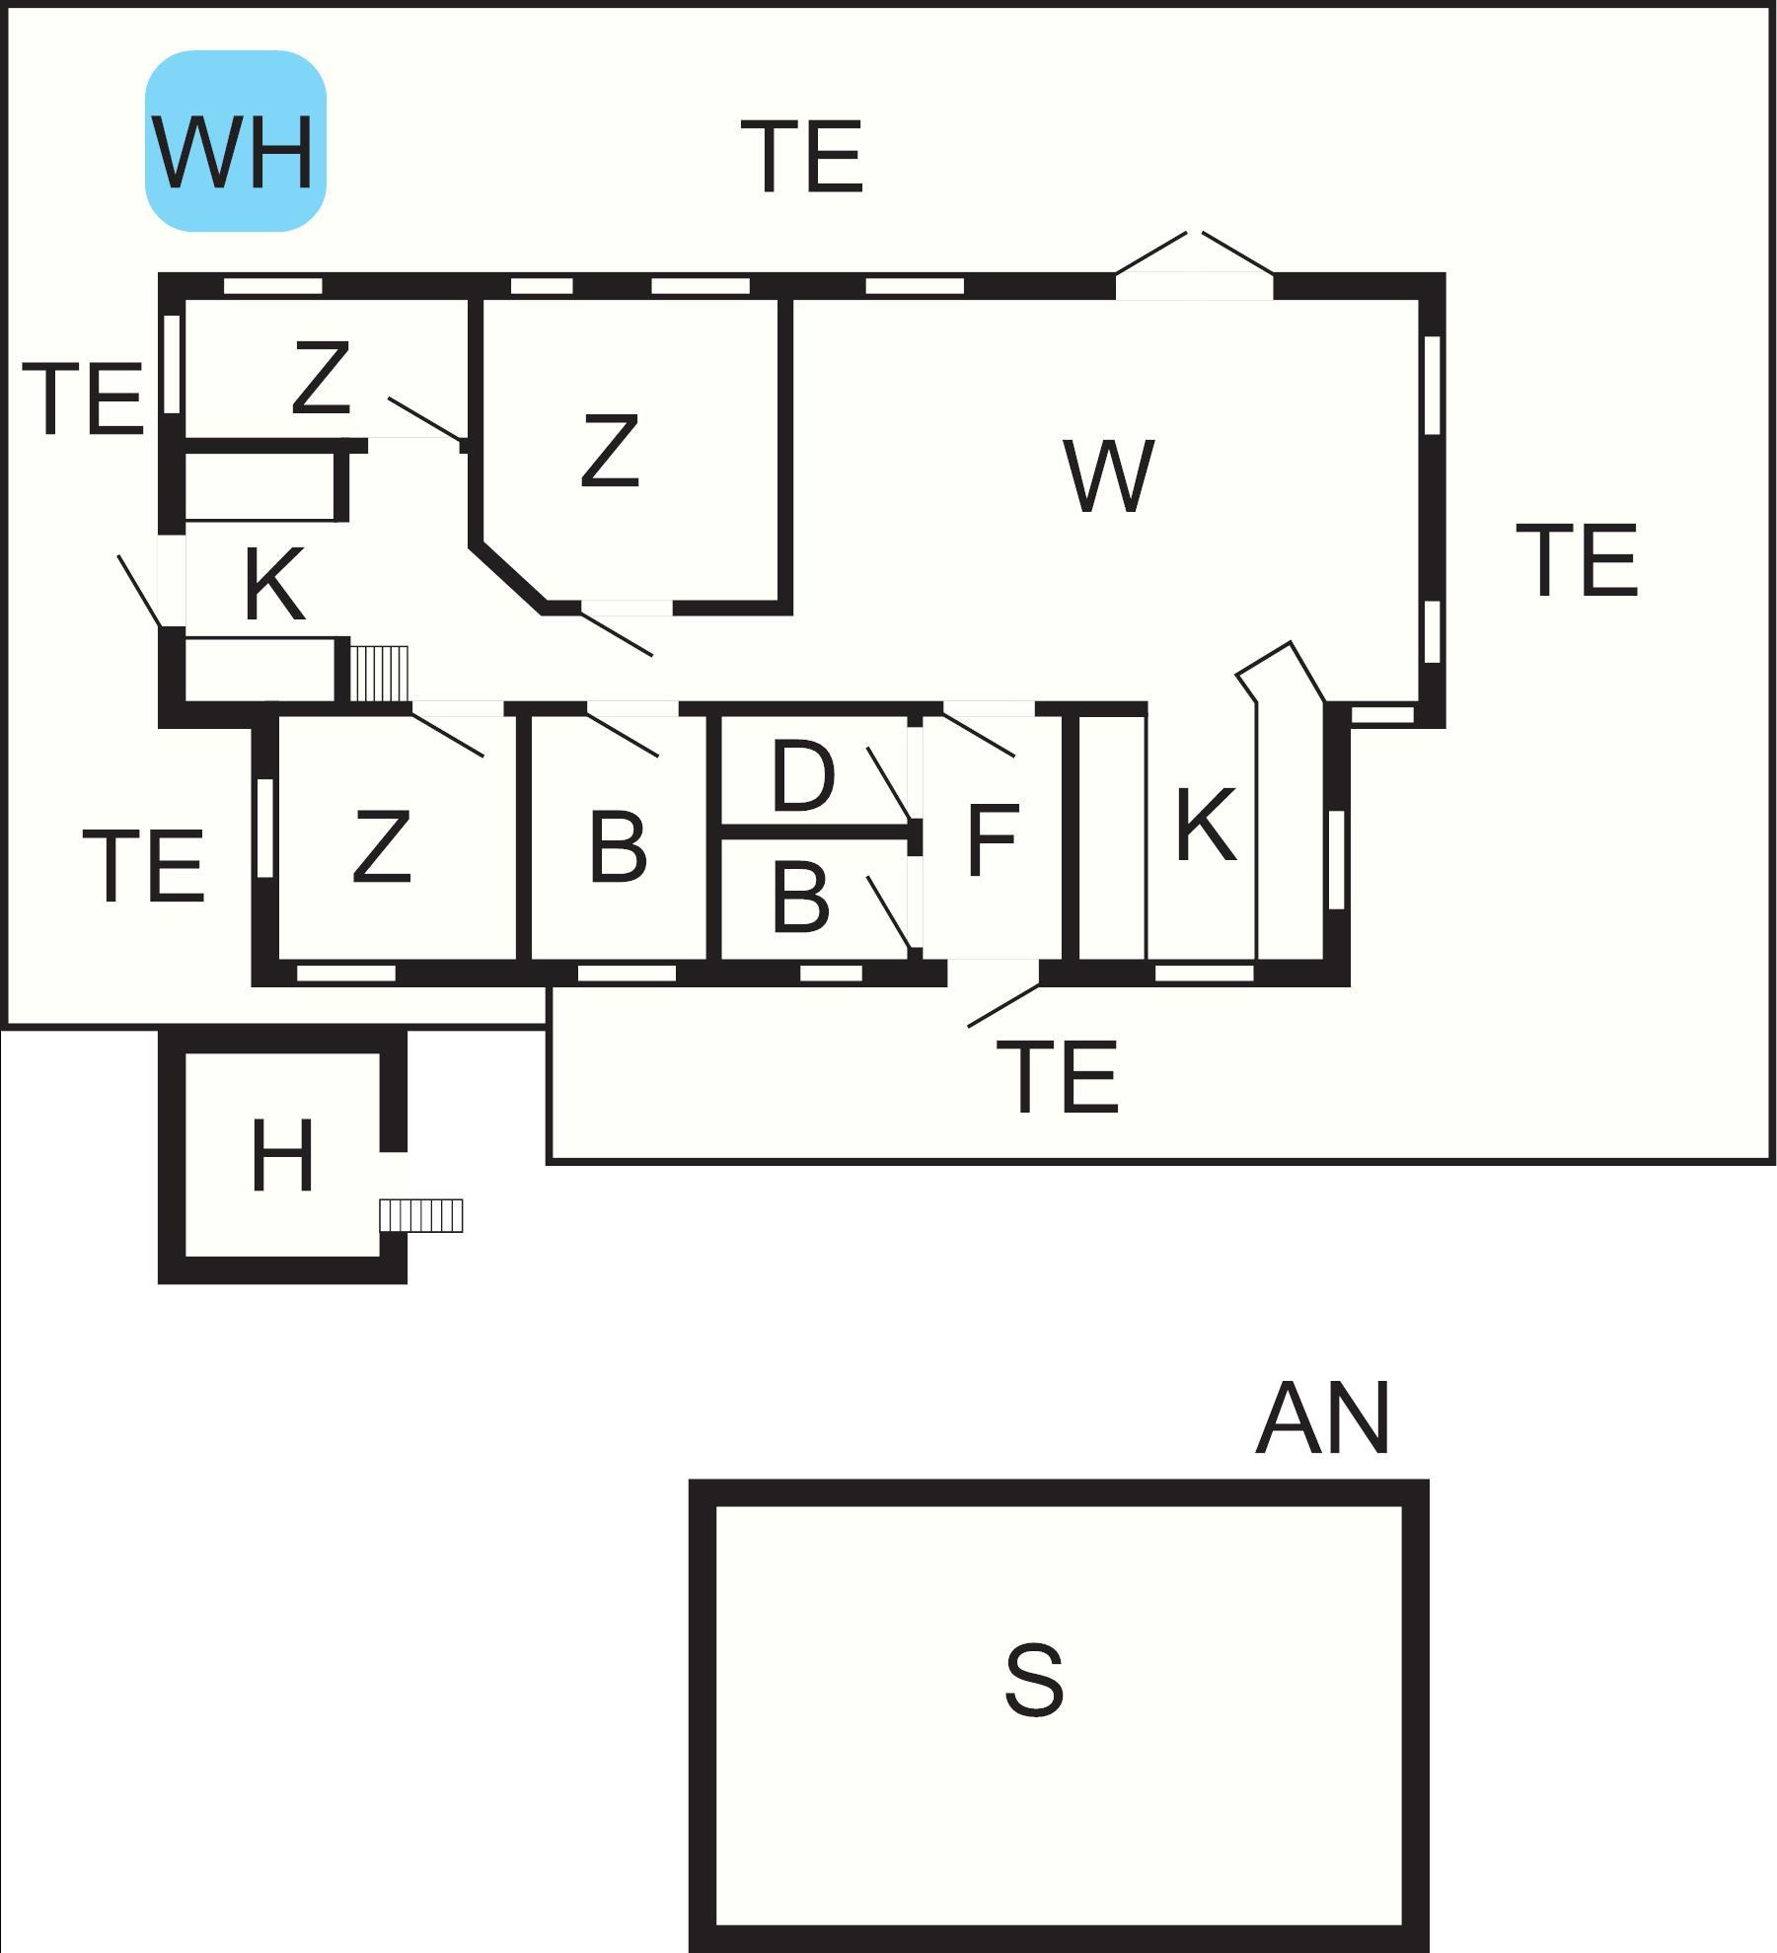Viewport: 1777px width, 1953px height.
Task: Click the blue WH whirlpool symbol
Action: click(x=236, y=141)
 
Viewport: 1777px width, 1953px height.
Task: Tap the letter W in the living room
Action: click(x=1109, y=476)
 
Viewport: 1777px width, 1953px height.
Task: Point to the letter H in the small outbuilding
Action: click(x=282, y=1155)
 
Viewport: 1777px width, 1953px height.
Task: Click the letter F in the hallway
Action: click(x=992, y=839)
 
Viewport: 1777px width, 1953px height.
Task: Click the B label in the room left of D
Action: click(x=618, y=846)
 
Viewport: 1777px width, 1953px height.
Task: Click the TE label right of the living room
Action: click(x=1576, y=560)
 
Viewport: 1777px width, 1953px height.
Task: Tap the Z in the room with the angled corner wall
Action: click(x=610, y=450)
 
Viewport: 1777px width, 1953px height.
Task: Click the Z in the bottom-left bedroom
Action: click(x=381, y=845)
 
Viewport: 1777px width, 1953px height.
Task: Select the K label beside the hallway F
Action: click(x=1206, y=825)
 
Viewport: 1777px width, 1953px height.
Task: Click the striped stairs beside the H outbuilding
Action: click(x=421, y=1215)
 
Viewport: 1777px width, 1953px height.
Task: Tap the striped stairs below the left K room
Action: click(x=379, y=673)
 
